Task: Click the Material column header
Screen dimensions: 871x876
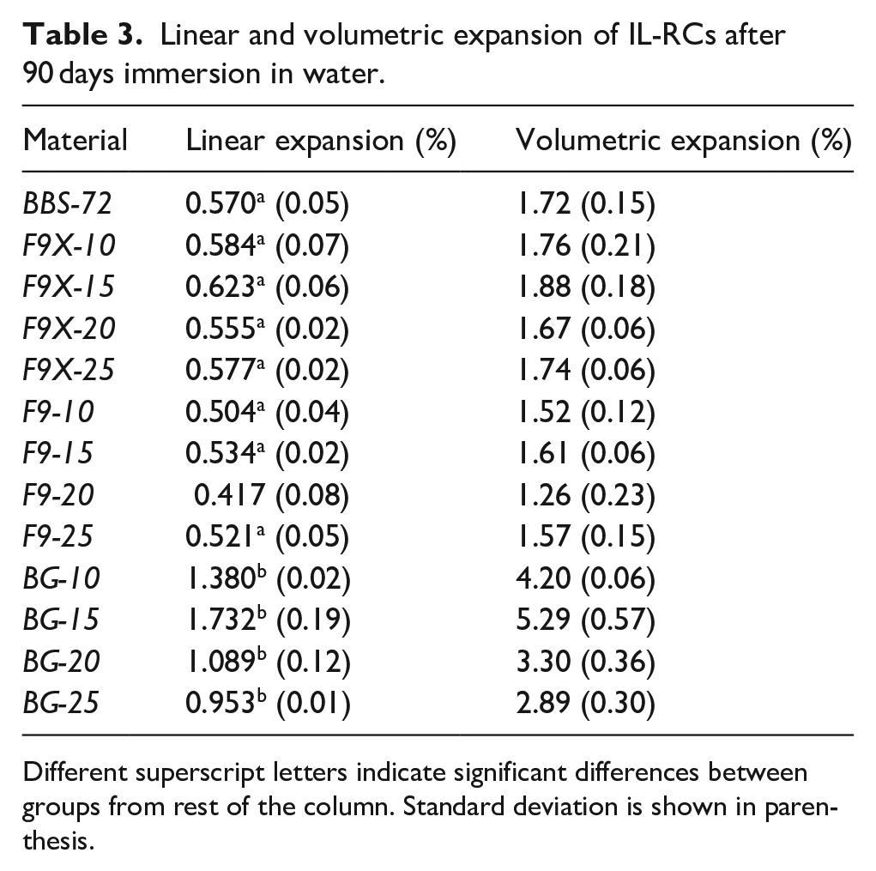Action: tap(76, 140)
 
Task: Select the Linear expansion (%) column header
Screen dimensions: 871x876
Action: tap(321, 140)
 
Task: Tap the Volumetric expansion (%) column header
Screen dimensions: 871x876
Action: tap(683, 140)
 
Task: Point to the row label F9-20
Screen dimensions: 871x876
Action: tap(59, 495)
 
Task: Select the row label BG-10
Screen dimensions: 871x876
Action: tap(62, 578)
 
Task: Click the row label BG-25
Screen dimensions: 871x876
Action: tap(62, 703)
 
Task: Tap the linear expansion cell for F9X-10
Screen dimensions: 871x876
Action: tap(267, 246)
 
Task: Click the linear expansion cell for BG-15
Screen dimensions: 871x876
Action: tap(267, 620)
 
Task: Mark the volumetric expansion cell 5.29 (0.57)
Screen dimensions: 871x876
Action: tap(585, 620)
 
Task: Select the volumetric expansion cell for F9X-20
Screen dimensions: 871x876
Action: tap(585, 329)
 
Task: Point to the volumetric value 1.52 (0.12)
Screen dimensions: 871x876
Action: tap(585, 412)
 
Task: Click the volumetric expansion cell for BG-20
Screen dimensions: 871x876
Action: tap(585, 662)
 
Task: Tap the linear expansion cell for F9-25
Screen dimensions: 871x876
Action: tap(267, 536)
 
